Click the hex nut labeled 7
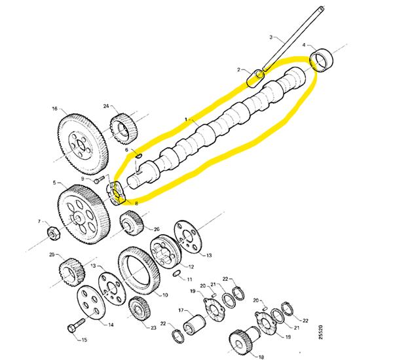click(54, 233)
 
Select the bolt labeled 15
click(77, 325)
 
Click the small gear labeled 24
click(122, 128)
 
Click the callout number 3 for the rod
click(271, 37)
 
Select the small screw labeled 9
click(100, 179)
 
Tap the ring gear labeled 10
click(139, 272)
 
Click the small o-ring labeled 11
click(177, 274)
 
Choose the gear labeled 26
click(132, 223)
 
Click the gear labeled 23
click(140, 308)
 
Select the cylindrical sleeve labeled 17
click(195, 325)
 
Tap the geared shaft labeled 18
click(244, 339)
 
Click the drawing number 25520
click(321, 333)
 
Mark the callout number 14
click(111, 325)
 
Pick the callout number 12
click(191, 267)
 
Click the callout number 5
click(54, 183)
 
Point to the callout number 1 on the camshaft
click(186, 119)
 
